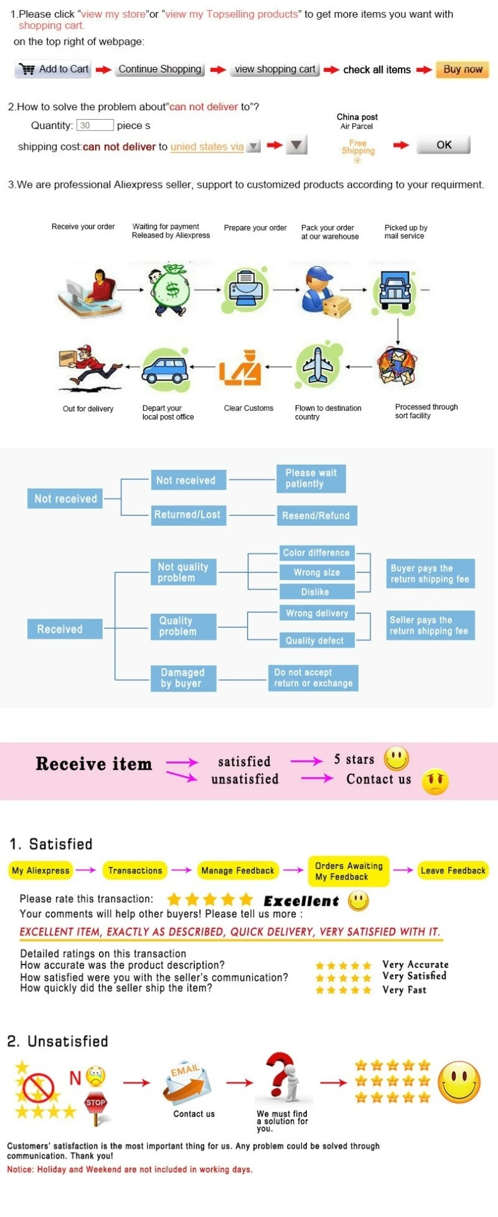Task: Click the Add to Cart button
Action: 53,69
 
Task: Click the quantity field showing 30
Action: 95,125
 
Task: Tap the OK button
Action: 444,145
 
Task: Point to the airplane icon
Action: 318,366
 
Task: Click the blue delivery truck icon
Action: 395,290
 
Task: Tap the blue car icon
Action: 165,367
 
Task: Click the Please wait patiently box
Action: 311,479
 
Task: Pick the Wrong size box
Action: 317,573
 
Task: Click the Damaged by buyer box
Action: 183,678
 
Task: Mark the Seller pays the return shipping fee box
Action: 430,626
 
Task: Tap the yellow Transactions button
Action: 135,871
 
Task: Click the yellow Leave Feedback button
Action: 453,871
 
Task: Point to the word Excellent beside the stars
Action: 301,901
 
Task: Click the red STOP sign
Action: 96,1102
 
